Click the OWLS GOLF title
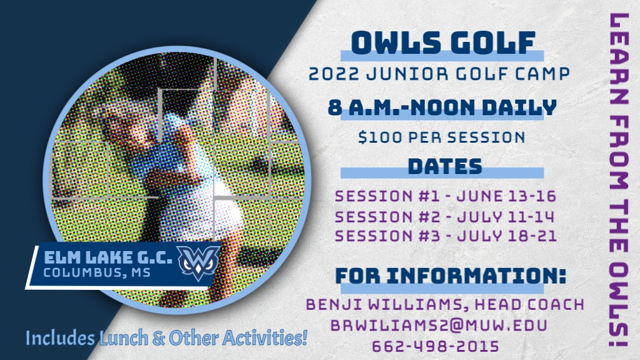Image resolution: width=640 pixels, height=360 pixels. pos(443,43)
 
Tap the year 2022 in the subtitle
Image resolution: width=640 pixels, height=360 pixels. pos(334,74)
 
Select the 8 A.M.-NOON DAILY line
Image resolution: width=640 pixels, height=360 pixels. pos(442,108)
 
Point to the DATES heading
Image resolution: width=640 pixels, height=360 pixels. pos(445,167)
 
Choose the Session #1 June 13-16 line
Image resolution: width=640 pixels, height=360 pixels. pos(445,196)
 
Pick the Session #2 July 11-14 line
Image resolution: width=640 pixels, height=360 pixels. pos(444,217)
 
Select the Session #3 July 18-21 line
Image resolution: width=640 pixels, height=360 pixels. pos(445,236)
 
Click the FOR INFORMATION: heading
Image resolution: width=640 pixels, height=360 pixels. pos(450,276)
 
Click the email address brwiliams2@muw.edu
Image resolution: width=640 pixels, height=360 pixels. pos(439,326)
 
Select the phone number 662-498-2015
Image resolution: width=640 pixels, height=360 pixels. pos(435,346)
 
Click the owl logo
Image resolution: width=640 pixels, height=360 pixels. pos(198,262)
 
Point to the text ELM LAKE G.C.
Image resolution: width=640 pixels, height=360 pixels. pos(108,257)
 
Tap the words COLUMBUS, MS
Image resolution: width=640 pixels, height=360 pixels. pos(97,272)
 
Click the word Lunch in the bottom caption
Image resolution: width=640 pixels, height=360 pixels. pos(124,338)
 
